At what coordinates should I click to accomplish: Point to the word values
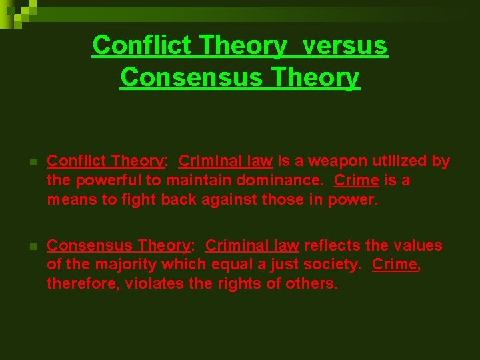[420, 245]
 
